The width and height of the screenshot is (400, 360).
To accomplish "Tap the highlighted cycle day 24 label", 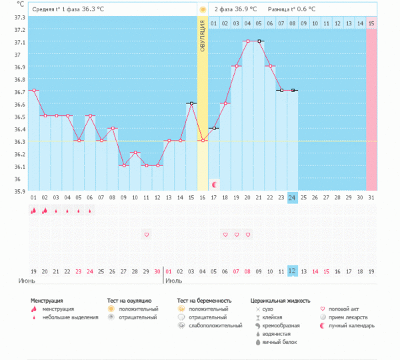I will [x=293, y=198].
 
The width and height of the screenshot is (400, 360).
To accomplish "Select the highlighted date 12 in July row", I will [x=293, y=271].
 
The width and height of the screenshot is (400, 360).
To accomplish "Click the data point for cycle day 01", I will [x=34, y=91].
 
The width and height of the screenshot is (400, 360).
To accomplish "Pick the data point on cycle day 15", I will [x=191, y=103].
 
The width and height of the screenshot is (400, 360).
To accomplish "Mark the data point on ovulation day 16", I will [x=203, y=141].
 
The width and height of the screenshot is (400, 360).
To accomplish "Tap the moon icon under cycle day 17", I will [x=214, y=184].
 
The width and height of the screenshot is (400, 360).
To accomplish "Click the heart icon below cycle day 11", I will [x=147, y=235].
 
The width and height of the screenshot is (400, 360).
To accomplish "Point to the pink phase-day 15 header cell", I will [x=371, y=24].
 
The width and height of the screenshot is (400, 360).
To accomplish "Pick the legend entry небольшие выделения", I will [x=70, y=317].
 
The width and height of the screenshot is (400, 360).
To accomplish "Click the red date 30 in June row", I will [x=157, y=271].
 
